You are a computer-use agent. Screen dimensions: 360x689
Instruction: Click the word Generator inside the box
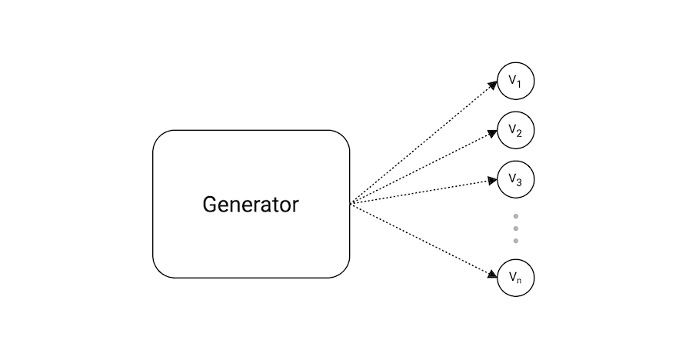pos(251,205)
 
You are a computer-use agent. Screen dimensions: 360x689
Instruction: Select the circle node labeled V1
pos(515,82)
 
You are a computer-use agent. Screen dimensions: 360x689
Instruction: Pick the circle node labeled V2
pos(515,131)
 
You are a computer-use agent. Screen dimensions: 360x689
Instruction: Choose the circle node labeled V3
pos(515,179)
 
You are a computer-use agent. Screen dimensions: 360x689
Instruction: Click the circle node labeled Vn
pos(515,278)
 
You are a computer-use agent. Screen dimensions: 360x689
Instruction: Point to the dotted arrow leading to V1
pos(423,143)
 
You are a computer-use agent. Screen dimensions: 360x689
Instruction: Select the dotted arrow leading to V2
pos(423,168)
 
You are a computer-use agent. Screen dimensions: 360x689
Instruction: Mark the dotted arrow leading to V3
pos(423,192)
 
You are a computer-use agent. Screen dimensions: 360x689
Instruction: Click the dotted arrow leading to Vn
pos(423,240)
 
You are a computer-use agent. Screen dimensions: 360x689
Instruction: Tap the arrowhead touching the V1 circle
pos(493,85)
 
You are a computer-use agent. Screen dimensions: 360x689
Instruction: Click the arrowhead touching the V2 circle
pos(493,133)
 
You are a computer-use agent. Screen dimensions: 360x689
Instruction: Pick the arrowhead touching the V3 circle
pos(493,181)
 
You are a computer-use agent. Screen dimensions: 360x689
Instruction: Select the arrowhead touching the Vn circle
pos(493,275)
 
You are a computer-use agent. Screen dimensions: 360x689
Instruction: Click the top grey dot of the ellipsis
pos(515,216)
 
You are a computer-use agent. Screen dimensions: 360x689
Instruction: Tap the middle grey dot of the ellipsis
pos(515,228)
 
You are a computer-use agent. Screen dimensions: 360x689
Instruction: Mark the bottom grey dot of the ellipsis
pos(515,241)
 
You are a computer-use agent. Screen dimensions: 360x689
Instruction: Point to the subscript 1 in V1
pos(520,85)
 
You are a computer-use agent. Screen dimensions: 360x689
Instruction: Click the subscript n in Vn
pos(520,281)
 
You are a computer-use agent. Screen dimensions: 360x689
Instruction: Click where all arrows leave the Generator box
pos(351,204)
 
